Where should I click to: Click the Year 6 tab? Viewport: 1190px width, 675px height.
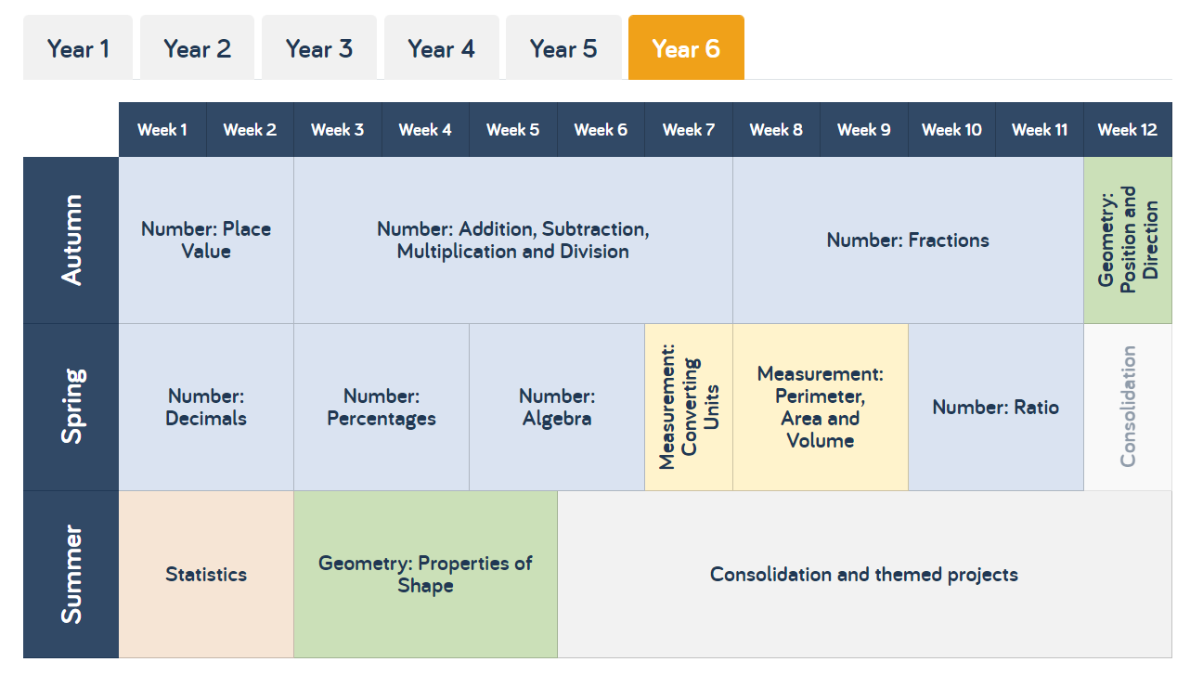[x=686, y=47]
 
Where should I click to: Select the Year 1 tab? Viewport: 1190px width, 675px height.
[x=78, y=47]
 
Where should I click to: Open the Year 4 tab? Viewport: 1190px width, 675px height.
[x=442, y=47]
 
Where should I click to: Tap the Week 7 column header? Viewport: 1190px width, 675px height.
[x=689, y=130]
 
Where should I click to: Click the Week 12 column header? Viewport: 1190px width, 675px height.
[x=1128, y=130]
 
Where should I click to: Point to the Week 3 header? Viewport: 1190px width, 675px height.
[x=337, y=130]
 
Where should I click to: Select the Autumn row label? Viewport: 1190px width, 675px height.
[x=71, y=240]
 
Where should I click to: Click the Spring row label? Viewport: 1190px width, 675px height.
[x=71, y=407]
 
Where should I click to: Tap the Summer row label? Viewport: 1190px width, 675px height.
[x=71, y=575]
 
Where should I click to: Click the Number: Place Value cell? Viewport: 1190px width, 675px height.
[x=206, y=240]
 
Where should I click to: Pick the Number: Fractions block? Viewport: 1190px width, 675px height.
[x=908, y=240]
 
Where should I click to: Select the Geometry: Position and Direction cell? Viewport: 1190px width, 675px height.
[x=1128, y=240]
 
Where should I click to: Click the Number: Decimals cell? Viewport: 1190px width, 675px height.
[x=206, y=407]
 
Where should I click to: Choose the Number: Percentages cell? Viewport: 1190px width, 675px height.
[x=382, y=407]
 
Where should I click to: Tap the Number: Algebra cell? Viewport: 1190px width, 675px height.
[x=557, y=407]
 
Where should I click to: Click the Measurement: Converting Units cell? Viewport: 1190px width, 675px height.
[x=689, y=407]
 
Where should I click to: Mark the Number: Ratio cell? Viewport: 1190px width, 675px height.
[x=996, y=407]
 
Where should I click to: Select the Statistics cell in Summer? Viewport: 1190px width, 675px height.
[x=206, y=575]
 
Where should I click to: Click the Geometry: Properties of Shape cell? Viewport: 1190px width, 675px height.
[x=425, y=575]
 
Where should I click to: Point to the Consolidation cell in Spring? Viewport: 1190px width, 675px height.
[x=1128, y=407]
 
